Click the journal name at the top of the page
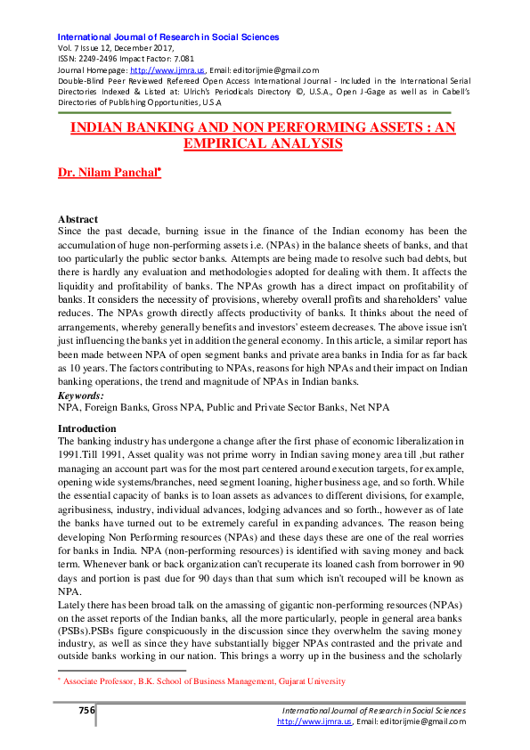pyautogui.click(x=168, y=37)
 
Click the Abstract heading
pyautogui.click(x=77, y=219)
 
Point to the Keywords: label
pyautogui.click(x=80, y=395)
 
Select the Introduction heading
pyautogui.click(x=86, y=428)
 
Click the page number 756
pyautogui.click(x=86, y=710)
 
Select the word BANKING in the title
pyautogui.click(x=158, y=127)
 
